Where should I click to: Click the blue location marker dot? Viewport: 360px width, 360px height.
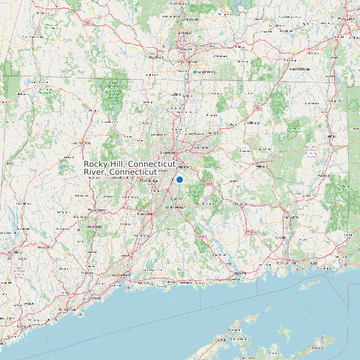179,179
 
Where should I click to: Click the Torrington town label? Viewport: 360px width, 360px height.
82,143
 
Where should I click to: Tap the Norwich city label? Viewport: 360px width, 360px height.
291,217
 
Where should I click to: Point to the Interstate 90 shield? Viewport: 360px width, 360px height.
87,23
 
